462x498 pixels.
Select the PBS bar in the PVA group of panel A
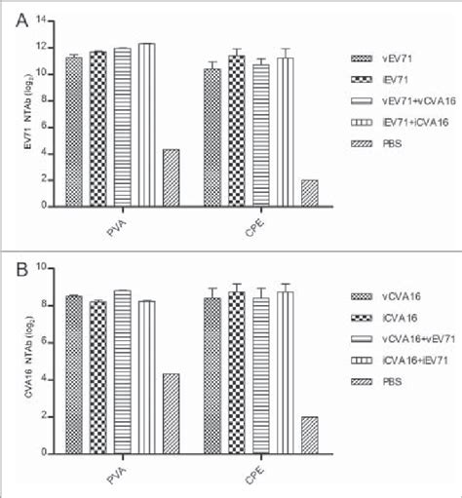(170, 177)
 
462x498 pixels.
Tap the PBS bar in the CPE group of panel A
(309, 193)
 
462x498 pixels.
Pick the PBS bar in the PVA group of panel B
(170, 413)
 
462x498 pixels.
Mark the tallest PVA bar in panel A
(146, 125)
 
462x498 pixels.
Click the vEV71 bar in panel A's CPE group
(212, 137)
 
